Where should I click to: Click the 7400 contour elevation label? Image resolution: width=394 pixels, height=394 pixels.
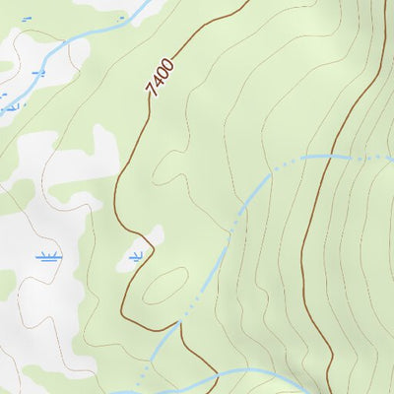coord(160,77)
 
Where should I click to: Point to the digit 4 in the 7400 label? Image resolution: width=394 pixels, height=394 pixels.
coord(157,82)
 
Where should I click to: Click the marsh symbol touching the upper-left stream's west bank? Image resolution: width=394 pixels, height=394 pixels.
coord(8,102)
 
